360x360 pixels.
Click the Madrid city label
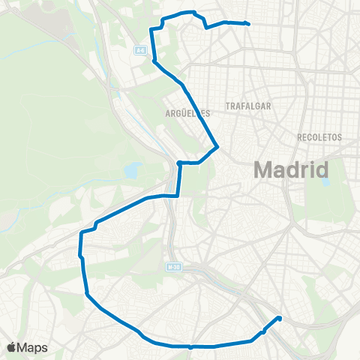tap(292, 169)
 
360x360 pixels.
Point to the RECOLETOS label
tap(319, 137)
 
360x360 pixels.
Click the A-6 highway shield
tap(140, 50)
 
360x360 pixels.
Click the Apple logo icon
tap(11, 347)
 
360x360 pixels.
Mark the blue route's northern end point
tap(247, 24)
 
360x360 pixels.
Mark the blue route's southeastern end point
tap(280, 318)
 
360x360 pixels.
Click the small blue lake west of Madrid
tap(133, 170)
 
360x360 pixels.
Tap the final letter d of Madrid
tap(322, 169)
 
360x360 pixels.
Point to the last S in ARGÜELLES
tap(208, 113)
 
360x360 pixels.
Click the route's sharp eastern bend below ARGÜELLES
tap(217, 146)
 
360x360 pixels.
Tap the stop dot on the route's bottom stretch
tap(191, 346)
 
